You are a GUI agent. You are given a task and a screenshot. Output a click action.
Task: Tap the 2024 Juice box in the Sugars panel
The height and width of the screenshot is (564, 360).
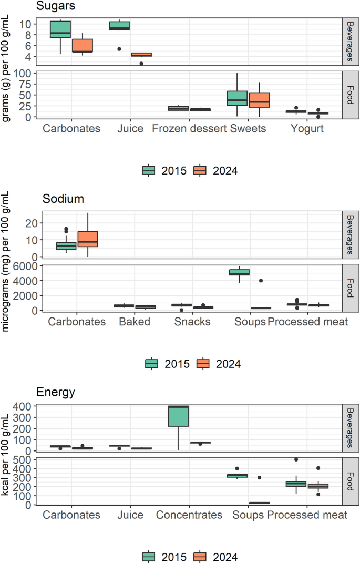(x=141, y=54)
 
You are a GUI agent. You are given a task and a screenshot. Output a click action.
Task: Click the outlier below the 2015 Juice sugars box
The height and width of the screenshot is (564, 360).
(x=119, y=49)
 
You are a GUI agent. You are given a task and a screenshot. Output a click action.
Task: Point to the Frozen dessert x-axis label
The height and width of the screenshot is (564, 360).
(x=189, y=129)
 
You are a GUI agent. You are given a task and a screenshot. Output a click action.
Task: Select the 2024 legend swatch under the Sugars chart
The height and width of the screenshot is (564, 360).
(x=200, y=170)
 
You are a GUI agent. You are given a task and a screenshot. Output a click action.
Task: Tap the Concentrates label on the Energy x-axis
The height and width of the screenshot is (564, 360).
(x=189, y=515)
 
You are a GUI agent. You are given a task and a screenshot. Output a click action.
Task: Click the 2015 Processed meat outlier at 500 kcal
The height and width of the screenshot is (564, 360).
(x=296, y=459)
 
